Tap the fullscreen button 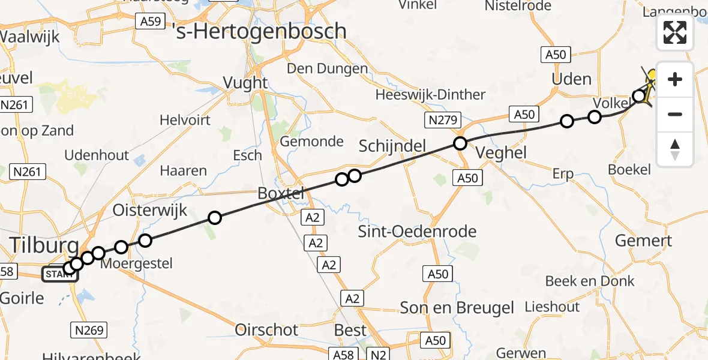point(675,32)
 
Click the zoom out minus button point(675,114)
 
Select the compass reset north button point(675,149)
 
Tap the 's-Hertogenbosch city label point(259,31)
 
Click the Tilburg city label point(44,245)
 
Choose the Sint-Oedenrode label point(417,232)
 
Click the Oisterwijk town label point(150,211)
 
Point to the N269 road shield point(89,329)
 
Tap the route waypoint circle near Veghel point(460,143)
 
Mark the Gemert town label point(643,241)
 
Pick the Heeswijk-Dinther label point(430,95)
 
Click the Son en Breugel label point(457,308)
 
